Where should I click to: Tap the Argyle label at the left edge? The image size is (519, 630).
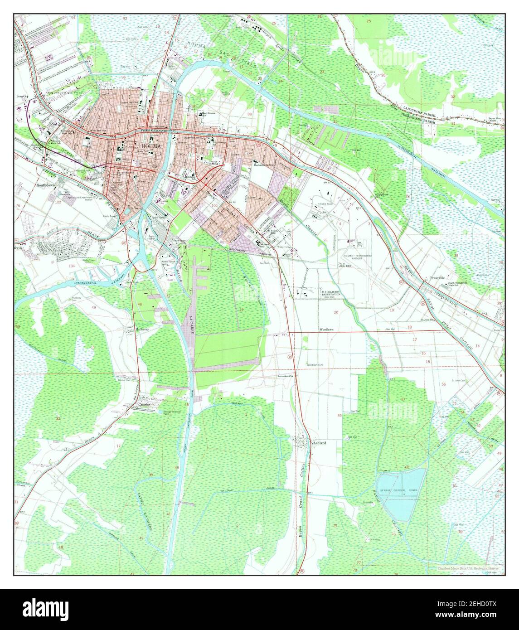point(22,237)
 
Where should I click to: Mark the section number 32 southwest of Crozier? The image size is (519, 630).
point(58,418)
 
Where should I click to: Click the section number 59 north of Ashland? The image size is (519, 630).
point(339,416)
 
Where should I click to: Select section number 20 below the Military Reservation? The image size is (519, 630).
point(336,312)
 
